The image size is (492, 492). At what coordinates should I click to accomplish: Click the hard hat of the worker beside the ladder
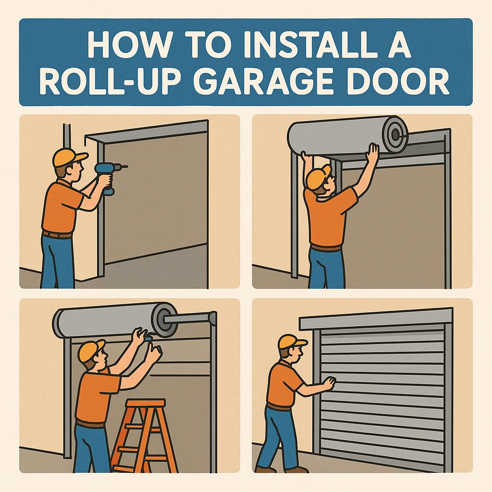pyautogui.click(x=91, y=350)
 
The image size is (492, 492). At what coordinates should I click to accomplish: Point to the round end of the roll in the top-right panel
pyautogui.click(x=394, y=134)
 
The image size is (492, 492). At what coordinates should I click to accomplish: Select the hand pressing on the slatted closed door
pyautogui.click(x=329, y=383)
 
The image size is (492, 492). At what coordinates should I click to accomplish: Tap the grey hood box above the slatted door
pyautogui.click(x=376, y=319)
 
